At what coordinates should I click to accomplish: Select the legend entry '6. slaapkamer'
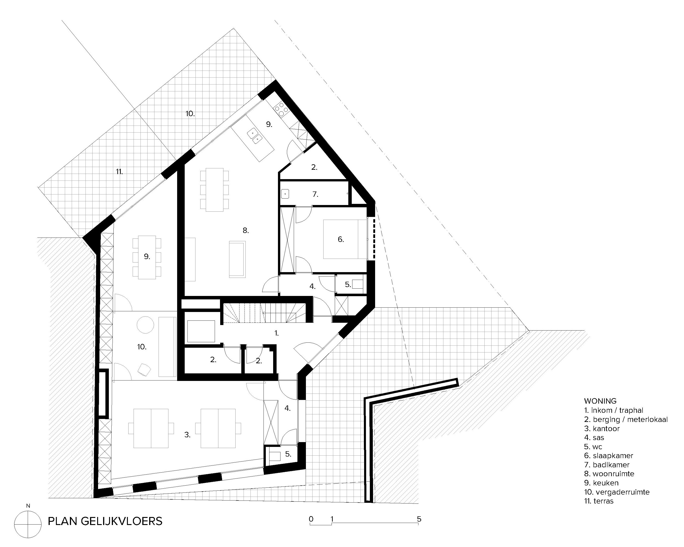point(608,456)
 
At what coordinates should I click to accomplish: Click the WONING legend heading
point(600,401)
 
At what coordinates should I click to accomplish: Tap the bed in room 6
point(342,239)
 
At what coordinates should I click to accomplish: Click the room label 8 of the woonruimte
point(246,230)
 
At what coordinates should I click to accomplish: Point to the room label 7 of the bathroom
point(315,194)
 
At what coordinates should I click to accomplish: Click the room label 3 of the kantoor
point(187,435)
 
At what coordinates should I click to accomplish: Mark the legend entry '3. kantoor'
point(602,428)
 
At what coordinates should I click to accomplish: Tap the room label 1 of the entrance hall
point(276,333)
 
